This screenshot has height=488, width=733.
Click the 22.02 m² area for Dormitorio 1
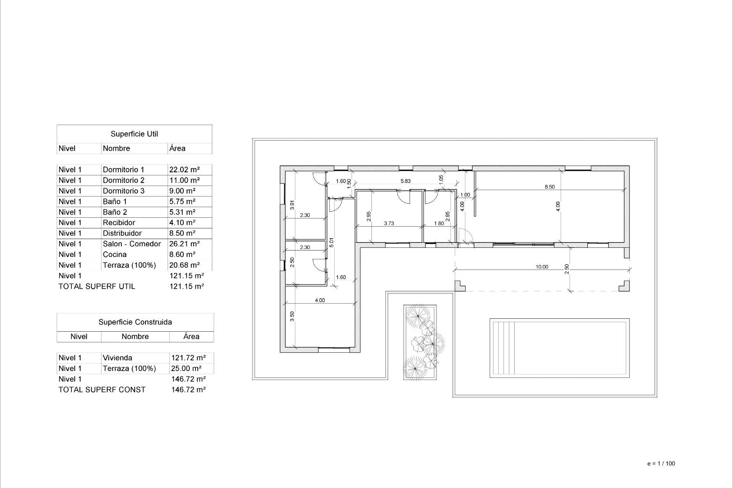coord(184,170)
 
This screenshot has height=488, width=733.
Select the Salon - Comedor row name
coord(132,244)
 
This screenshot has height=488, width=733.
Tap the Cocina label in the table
coord(115,255)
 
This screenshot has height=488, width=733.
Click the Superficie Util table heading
coord(134,134)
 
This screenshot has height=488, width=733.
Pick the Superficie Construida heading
coord(135,322)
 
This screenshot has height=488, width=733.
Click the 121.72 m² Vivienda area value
coord(189,358)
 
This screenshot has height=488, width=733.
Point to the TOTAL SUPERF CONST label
coord(102,390)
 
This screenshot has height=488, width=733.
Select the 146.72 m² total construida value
coord(189,390)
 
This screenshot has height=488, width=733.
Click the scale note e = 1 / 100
coord(661,464)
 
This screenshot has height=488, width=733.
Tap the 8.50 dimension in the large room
coord(549,187)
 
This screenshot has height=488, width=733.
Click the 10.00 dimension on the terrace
coord(541,267)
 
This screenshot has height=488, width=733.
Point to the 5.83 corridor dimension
coord(405,181)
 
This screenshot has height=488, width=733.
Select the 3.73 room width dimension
coord(389,223)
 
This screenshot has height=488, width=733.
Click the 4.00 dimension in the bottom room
coord(320,300)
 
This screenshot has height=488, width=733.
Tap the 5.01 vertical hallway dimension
coord(331,242)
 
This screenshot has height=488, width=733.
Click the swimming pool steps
coord(503,348)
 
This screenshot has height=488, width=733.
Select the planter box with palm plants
coord(420,342)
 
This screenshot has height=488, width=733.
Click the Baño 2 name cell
coord(115,212)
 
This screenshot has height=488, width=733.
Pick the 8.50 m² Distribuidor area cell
coord(182,233)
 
